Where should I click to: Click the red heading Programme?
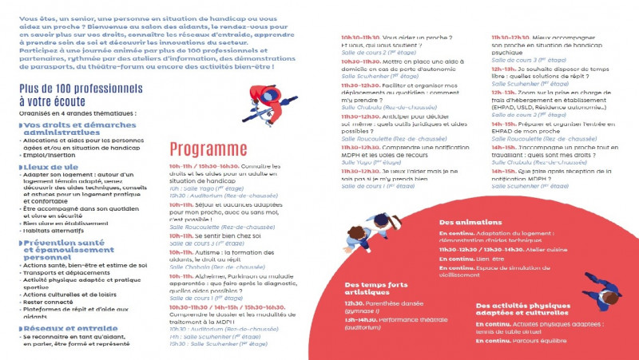click(x=208, y=149)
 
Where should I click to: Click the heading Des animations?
click(x=470, y=222)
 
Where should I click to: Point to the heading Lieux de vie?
click(x=50, y=167)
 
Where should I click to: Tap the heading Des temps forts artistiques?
click(x=378, y=289)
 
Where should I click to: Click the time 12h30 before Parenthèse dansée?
click(x=354, y=303)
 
